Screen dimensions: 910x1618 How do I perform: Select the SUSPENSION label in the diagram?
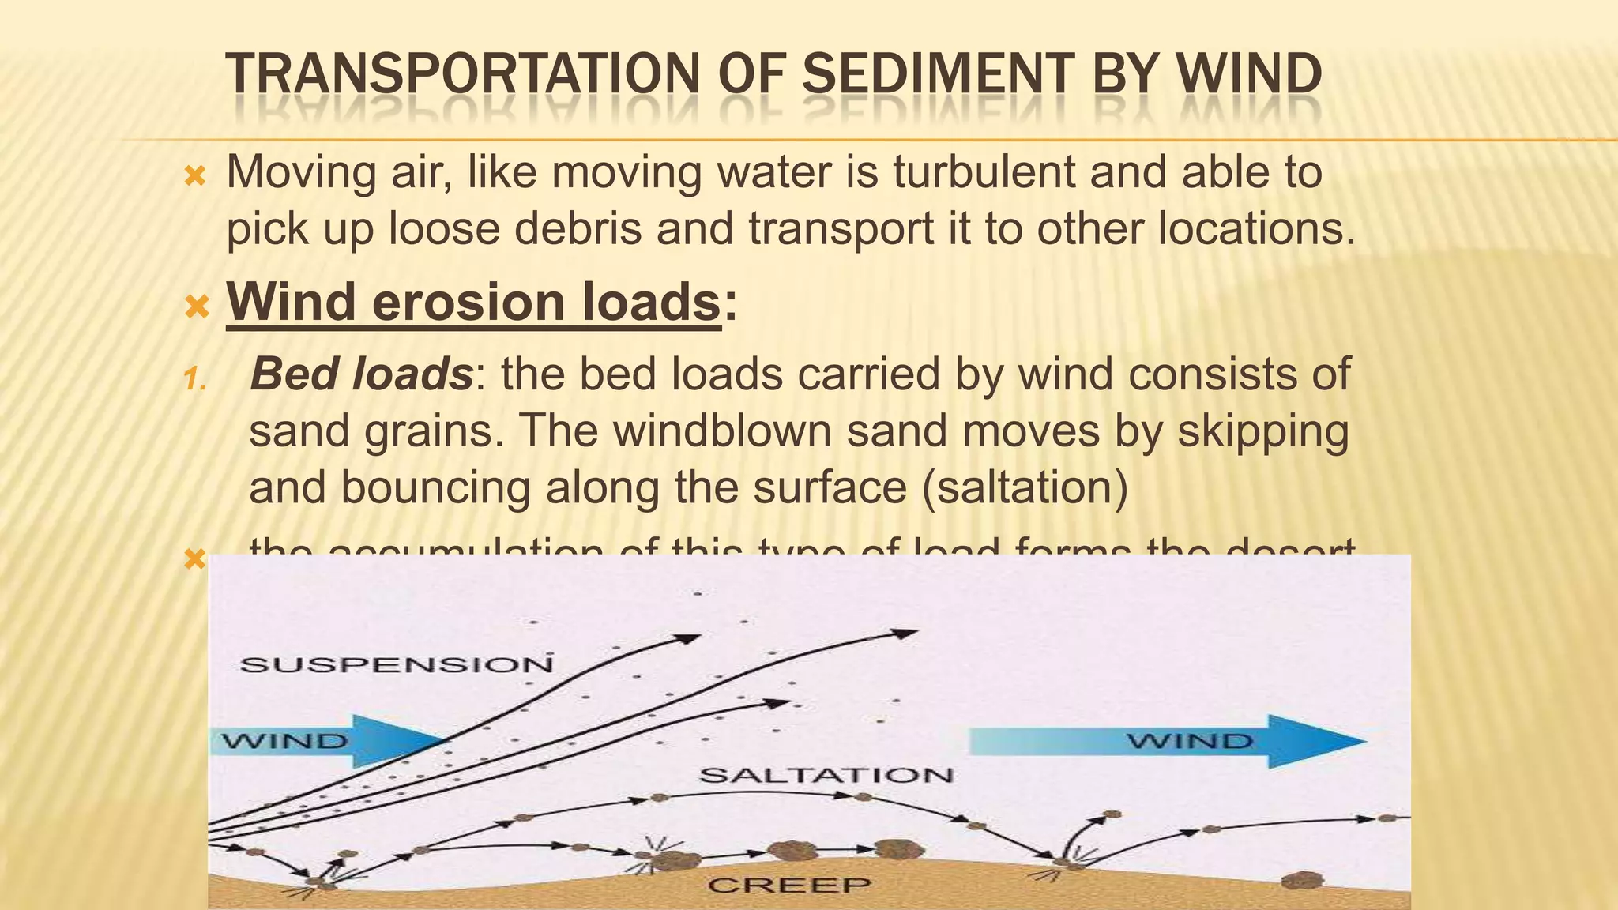[x=396, y=664]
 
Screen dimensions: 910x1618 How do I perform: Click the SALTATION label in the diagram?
[x=826, y=775]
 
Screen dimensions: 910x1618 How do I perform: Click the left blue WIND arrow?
[x=332, y=741]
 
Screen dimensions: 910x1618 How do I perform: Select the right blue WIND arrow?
[x=1169, y=741]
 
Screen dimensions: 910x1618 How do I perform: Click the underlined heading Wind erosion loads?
[x=474, y=302]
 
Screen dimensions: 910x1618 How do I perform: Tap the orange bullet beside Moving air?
[x=194, y=175]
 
